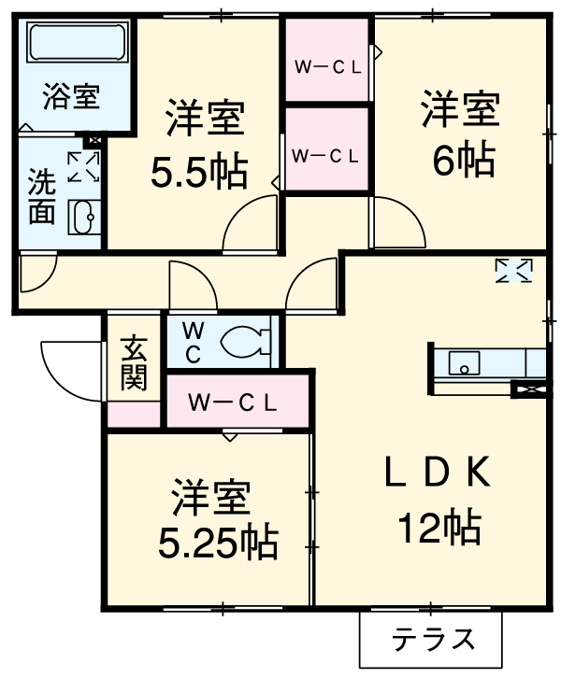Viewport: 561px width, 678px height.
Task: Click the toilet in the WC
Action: click(x=245, y=342)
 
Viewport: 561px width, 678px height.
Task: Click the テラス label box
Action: click(x=432, y=640)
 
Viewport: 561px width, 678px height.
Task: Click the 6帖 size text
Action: click(x=463, y=161)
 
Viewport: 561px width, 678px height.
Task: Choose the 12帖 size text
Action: click(x=439, y=529)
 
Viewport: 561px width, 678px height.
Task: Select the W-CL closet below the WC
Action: click(x=234, y=403)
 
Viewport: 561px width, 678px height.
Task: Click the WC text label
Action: click(x=191, y=342)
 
